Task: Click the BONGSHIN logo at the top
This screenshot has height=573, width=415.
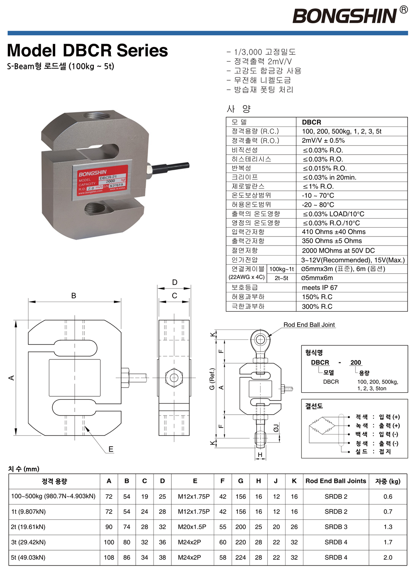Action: pos(345,16)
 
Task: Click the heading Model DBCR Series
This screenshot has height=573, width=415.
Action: pos(88,51)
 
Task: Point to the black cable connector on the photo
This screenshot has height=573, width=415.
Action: pos(170,167)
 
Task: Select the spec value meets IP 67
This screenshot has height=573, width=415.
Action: pos(320,288)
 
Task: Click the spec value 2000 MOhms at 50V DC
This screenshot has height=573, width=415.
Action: pos(338,251)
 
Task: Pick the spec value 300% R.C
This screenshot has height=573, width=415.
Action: pos(317,307)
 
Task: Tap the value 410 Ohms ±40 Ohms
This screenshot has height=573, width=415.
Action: pos(334,232)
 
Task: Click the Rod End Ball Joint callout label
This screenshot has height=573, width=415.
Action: pos(309,325)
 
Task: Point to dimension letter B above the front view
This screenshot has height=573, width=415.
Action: pos(74,296)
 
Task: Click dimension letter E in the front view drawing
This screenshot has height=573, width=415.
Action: pos(111,449)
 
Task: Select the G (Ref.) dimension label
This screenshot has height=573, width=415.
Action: pos(212,379)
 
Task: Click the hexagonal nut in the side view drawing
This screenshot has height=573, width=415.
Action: pos(174,378)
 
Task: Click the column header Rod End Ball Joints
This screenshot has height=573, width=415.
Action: pos(336,481)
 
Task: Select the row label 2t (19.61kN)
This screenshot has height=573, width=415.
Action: pos(28,527)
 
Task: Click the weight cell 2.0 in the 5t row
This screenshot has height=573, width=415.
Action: pos(388,558)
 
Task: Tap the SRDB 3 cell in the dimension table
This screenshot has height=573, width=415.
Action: pos(336,527)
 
